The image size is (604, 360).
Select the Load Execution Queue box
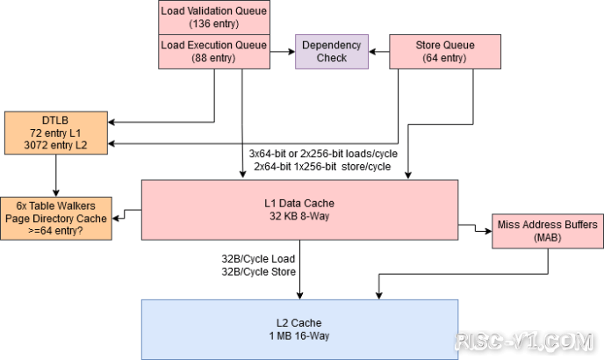[214, 52]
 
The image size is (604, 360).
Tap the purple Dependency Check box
[331, 52]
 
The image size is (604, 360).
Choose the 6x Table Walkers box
[55, 216]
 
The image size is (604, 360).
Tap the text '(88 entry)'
[214, 59]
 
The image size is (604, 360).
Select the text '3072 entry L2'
[56, 144]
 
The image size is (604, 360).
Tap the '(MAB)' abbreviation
[548, 238]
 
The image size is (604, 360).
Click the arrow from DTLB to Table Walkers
[56, 172]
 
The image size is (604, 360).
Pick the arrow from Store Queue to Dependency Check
[379, 52]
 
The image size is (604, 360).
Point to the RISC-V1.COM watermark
[527, 340]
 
